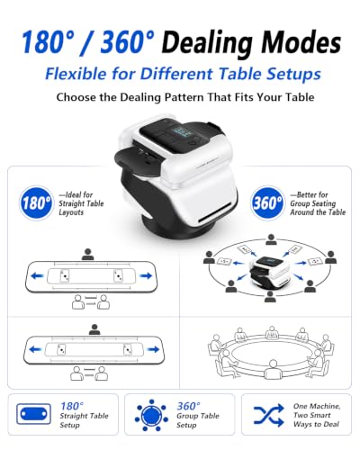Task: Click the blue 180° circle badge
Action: (x=36, y=202)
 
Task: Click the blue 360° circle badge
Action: (x=267, y=202)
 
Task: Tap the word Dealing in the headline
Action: (x=208, y=42)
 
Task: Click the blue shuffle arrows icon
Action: (x=268, y=415)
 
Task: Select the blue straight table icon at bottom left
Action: (x=33, y=414)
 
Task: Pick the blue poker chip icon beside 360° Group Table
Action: (x=151, y=416)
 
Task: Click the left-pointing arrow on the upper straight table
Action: (x=37, y=275)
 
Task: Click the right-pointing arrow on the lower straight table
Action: (x=153, y=349)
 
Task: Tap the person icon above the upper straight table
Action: (x=87, y=254)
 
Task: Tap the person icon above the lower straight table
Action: (x=94, y=329)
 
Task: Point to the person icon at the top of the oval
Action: (x=271, y=239)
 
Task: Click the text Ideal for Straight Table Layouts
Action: (x=81, y=203)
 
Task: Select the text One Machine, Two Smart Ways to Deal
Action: (x=317, y=415)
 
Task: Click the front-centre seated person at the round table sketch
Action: (x=273, y=370)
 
